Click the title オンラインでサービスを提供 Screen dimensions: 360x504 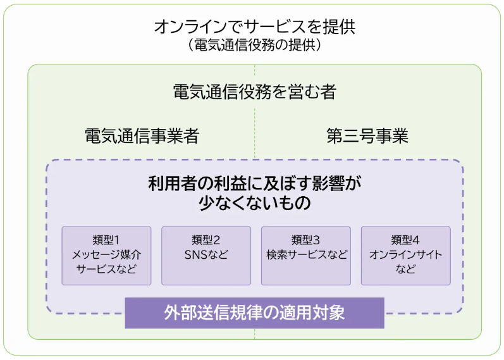254,27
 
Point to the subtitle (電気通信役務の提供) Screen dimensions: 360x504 254,46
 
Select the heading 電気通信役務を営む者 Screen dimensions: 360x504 254,92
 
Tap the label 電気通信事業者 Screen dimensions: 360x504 142,136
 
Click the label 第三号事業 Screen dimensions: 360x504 367,136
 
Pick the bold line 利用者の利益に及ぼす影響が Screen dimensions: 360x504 254,184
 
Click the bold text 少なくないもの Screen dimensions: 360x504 254,204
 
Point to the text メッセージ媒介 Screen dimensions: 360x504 106,255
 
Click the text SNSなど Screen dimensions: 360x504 206,255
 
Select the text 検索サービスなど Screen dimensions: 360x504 306,255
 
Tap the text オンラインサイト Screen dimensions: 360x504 406,255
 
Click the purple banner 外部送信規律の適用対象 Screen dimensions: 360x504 254,313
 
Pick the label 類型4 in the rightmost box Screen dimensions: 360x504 406,240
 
